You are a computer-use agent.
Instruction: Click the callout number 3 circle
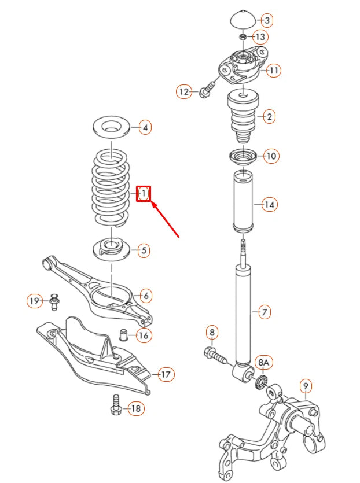(x=266, y=20)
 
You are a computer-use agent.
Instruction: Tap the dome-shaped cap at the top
(x=243, y=19)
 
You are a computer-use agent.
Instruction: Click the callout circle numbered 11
(x=273, y=71)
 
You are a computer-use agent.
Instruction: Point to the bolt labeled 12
(x=207, y=90)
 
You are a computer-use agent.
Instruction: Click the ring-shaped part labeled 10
(x=244, y=157)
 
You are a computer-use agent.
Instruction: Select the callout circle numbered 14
(x=269, y=204)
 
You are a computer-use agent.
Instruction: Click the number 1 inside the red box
(x=144, y=193)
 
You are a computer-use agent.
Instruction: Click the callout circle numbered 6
(x=145, y=296)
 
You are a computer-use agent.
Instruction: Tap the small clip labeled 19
(x=55, y=301)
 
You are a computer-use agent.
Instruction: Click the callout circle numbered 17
(x=166, y=375)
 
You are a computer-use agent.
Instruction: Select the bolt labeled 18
(x=115, y=407)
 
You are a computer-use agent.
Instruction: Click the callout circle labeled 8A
(x=263, y=363)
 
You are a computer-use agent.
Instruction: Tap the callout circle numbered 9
(x=305, y=385)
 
